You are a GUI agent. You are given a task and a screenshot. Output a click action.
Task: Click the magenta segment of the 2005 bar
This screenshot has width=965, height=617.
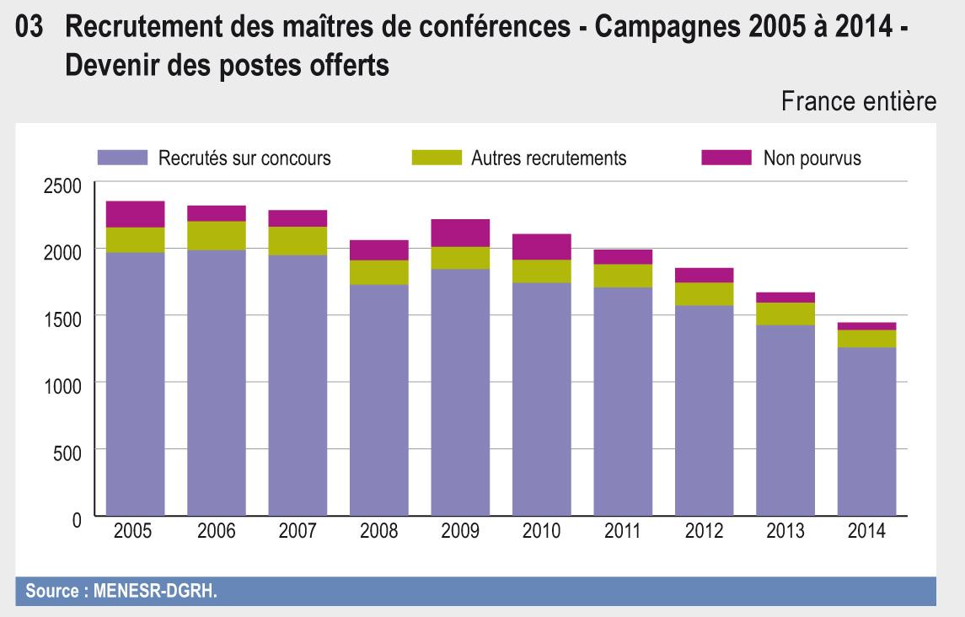point(135,214)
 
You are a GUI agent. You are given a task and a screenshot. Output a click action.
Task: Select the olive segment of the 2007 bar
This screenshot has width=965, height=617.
point(298,241)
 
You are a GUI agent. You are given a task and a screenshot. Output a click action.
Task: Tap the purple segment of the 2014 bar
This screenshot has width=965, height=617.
point(866,431)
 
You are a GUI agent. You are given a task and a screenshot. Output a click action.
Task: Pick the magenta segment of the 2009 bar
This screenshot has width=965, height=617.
point(460,233)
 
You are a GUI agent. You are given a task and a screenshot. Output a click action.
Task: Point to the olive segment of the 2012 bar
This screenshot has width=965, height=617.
point(704,293)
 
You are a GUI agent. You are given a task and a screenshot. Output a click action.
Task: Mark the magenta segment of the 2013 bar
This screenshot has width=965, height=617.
point(785,298)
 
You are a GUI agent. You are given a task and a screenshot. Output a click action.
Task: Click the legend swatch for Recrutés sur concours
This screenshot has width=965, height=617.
point(122,158)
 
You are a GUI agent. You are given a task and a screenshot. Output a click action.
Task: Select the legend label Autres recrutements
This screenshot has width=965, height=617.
point(549,158)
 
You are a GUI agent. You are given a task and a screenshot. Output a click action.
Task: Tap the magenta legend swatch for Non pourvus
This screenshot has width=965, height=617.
point(726,158)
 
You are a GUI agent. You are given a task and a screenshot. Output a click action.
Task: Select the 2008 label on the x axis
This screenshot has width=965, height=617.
point(378,532)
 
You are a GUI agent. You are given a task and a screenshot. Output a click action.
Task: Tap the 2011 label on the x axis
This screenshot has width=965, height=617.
point(623,532)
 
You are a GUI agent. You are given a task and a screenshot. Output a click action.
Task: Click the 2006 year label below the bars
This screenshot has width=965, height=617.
point(216,532)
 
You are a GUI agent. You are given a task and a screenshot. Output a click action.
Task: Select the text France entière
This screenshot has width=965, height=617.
point(859,102)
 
